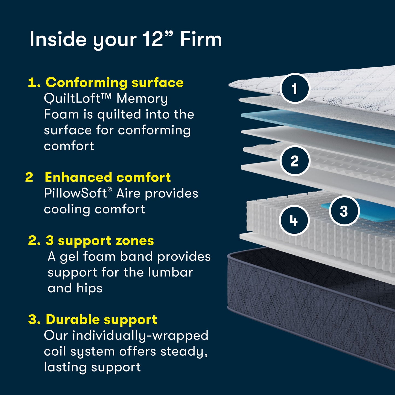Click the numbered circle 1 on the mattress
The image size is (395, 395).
(x=295, y=89)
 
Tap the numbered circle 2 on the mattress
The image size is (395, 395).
(x=295, y=161)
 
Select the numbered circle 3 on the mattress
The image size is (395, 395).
(x=344, y=211)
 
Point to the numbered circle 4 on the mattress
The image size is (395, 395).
(x=294, y=220)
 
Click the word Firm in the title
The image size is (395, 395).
(x=201, y=39)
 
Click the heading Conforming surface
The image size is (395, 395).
(x=114, y=83)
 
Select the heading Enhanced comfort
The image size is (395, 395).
(x=108, y=177)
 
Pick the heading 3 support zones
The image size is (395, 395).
(x=100, y=241)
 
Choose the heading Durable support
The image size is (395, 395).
(x=101, y=319)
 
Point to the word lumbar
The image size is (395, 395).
(x=171, y=272)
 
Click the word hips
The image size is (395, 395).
(x=89, y=288)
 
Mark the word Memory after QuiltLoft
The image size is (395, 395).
(x=142, y=99)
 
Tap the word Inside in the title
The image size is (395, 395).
(x=58, y=39)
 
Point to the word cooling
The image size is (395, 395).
(x=67, y=209)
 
